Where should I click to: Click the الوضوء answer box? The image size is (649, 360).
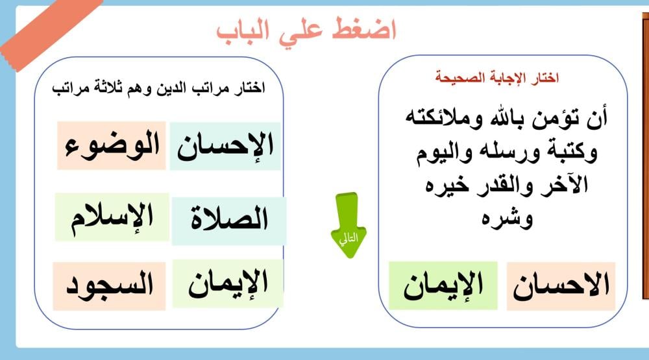[x=112, y=146]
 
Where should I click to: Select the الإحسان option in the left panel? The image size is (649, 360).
[x=225, y=146]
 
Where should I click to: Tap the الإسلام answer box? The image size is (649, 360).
[x=112, y=217]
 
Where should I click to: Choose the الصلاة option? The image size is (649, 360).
[x=229, y=221]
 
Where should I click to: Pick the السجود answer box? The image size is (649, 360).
[x=109, y=286]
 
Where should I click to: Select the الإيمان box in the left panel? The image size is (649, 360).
[x=228, y=284]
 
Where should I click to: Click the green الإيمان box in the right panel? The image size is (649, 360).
[x=443, y=285]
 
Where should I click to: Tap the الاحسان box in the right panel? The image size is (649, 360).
[x=561, y=286]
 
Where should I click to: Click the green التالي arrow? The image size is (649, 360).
[x=349, y=225]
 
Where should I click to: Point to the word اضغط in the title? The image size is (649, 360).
[x=364, y=30]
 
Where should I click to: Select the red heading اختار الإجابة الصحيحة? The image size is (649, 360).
[x=496, y=77]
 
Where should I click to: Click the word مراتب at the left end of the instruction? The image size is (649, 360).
[x=65, y=88]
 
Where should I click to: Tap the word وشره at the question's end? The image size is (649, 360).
[x=507, y=219]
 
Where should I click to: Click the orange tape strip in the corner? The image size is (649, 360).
[x=50, y=31]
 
